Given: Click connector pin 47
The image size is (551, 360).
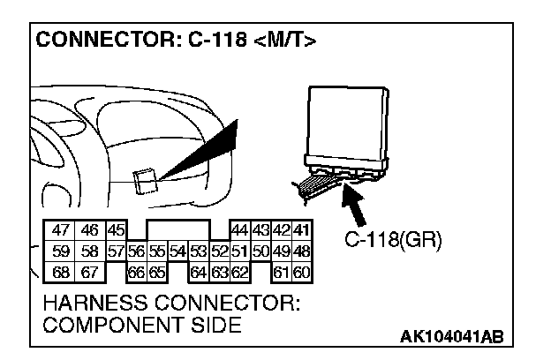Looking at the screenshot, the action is click(x=61, y=229).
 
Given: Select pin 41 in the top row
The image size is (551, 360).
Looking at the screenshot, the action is click(x=302, y=229).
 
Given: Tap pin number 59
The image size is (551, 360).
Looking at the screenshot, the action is click(x=61, y=251).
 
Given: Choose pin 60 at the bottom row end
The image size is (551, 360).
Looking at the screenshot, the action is click(x=302, y=272).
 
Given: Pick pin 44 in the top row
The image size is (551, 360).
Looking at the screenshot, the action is click(x=239, y=229).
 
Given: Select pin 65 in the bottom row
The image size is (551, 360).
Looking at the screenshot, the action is click(x=156, y=272).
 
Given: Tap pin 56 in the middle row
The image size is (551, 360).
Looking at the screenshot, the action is click(x=137, y=251).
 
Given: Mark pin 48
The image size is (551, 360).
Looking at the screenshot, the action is click(x=302, y=251).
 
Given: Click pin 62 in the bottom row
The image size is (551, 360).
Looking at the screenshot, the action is click(x=239, y=272).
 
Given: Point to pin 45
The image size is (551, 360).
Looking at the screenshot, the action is click(x=117, y=229).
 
